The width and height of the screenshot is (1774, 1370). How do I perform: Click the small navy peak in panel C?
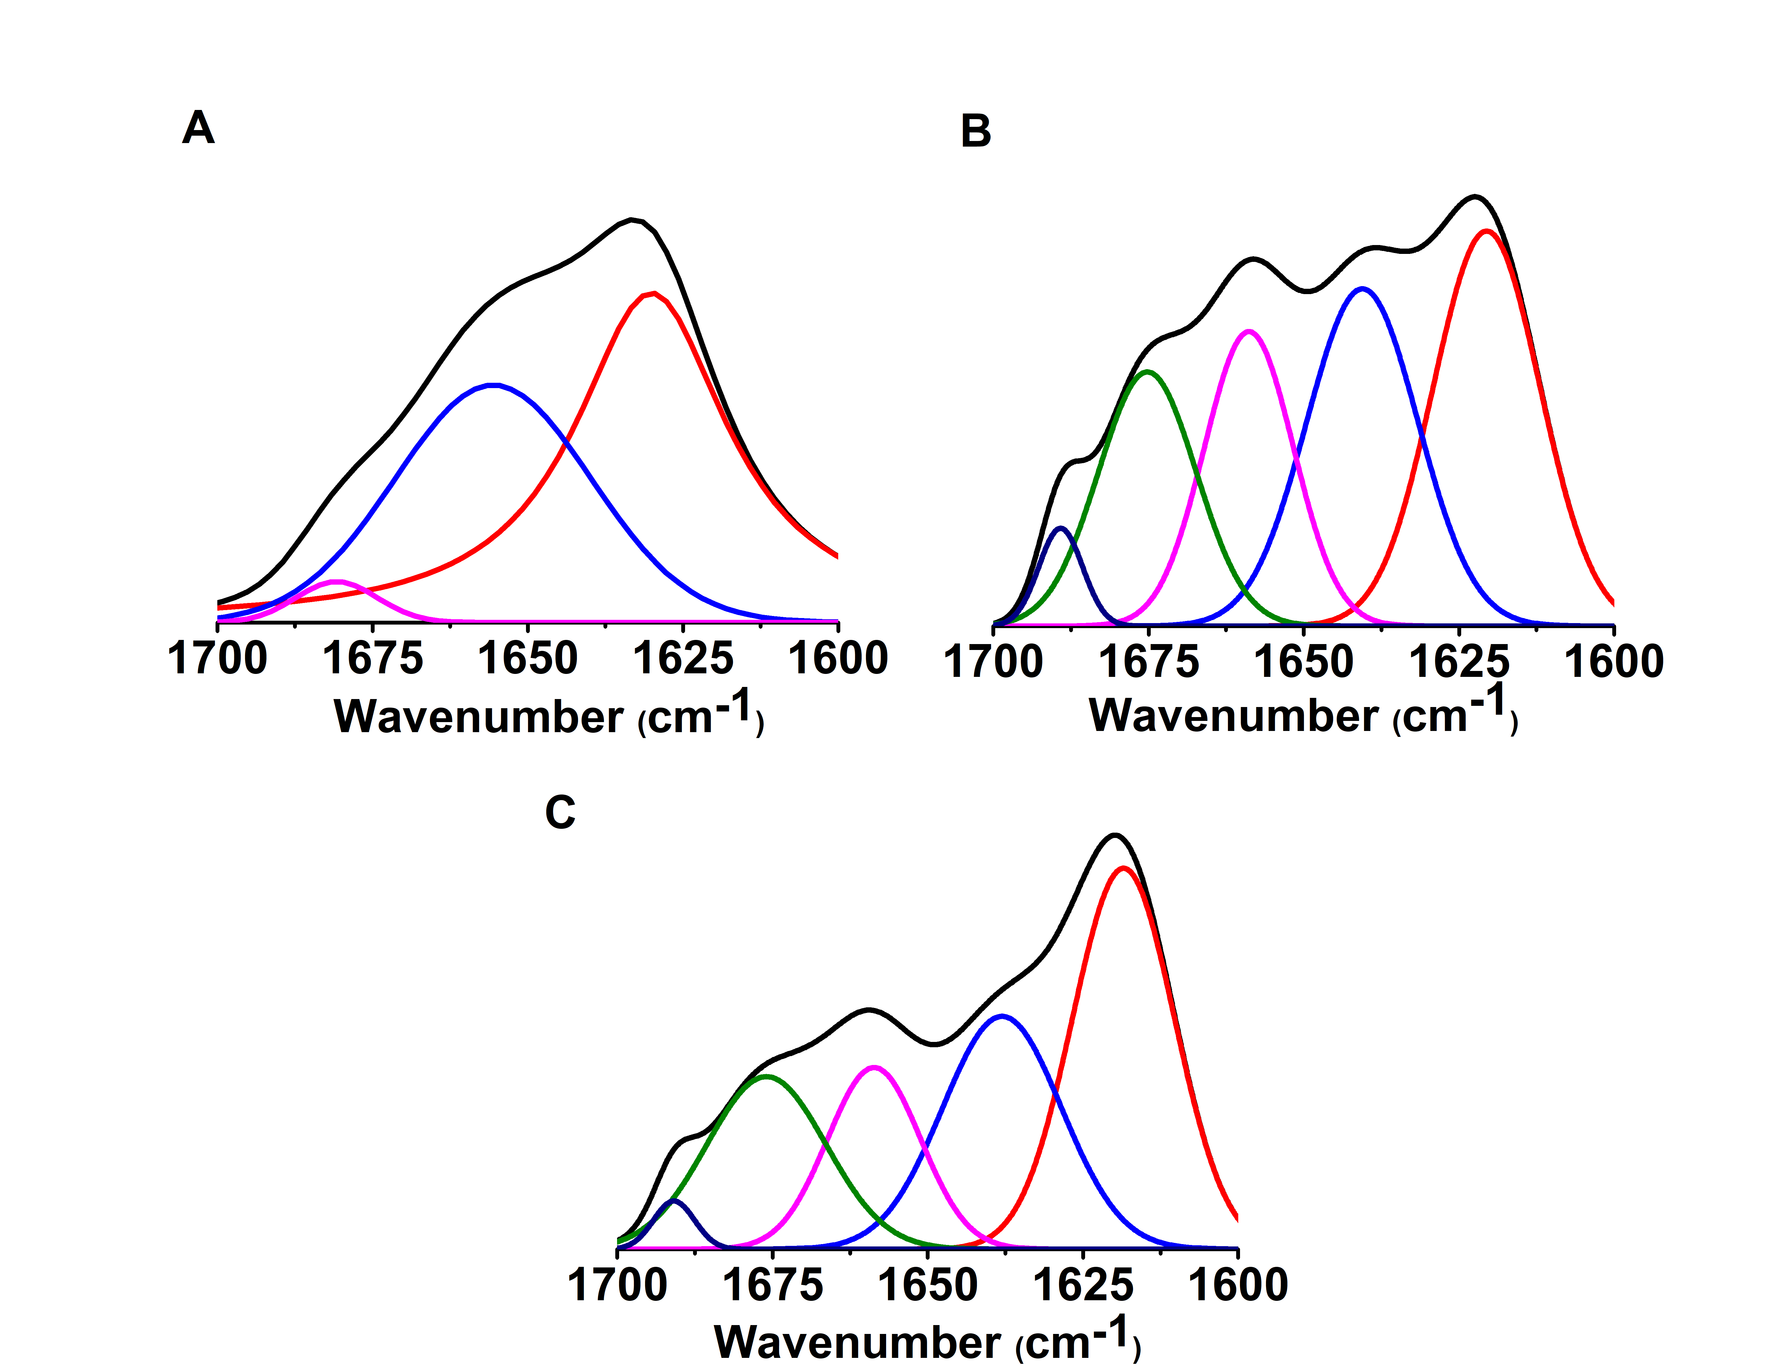coord(673,1199)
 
